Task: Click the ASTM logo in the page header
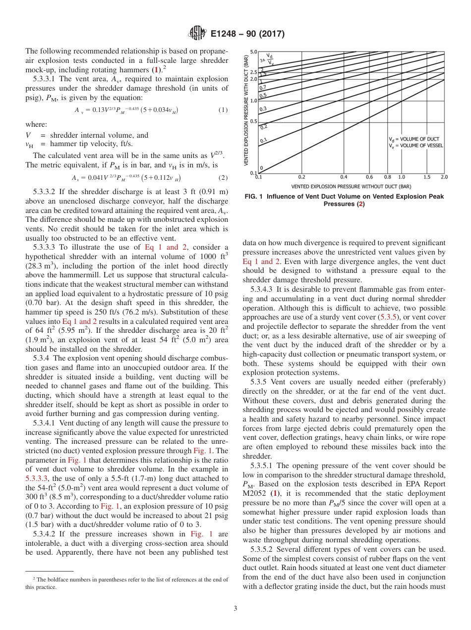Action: (197, 34)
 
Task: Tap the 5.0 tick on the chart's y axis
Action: (253, 52)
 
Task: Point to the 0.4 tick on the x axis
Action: (344, 176)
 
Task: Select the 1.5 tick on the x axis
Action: (427, 176)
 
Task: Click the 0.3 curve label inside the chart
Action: (263, 108)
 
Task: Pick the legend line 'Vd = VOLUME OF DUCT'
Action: (413, 139)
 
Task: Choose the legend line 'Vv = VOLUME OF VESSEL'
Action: (415, 146)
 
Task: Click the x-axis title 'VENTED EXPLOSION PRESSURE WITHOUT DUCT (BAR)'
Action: (351, 187)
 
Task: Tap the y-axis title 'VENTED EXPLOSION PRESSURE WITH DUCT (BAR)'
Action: (246, 110)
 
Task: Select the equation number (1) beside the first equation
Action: (223, 110)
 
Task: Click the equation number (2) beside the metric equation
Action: (223, 177)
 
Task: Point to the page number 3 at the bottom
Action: (235, 608)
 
